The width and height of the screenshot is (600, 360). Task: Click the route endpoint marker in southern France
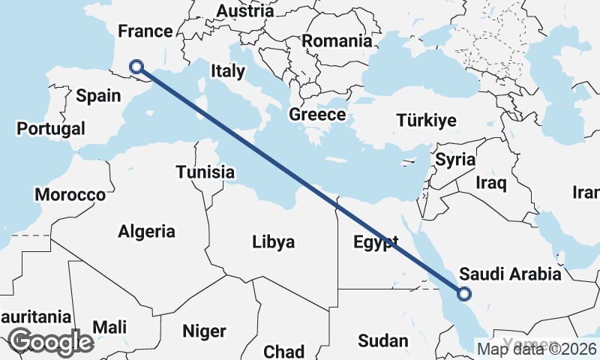pos(136,67)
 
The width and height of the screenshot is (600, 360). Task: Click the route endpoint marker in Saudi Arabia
pos(463,294)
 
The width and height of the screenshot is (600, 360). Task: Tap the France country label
pos(145,31)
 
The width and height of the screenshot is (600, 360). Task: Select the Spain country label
pos(98,95)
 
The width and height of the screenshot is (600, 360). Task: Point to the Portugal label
pos(51,128)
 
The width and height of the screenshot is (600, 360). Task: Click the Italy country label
pos(228,71)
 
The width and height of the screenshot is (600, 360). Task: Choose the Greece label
pos(317,115)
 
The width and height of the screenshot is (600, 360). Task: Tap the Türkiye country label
pos(426,120)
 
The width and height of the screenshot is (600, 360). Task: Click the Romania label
pos(337,40)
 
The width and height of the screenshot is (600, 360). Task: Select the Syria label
pos(455,159)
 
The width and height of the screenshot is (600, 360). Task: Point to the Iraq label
pos(491,182)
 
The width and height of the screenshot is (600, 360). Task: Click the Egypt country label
pos(375,242)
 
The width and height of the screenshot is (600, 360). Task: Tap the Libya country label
pos(273,242)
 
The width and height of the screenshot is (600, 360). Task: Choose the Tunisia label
pos(205,172)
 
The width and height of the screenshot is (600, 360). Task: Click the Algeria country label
pos(146,232)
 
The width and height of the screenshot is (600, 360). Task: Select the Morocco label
pos(70,195)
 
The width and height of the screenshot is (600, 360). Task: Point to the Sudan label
pos(382,341)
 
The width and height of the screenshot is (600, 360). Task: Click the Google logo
pos(51,342)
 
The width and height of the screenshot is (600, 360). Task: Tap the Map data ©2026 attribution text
pos(536,348)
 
